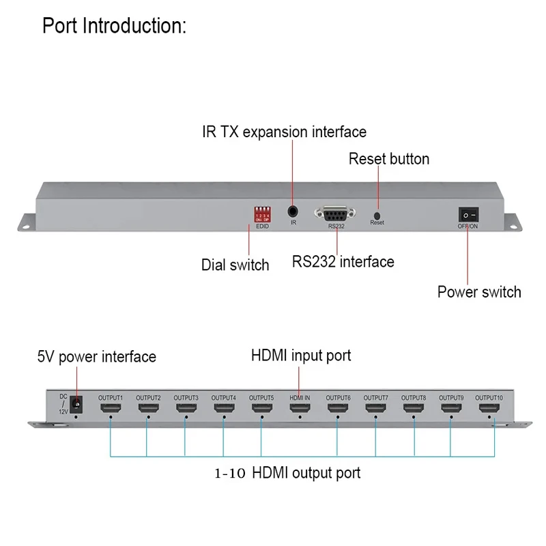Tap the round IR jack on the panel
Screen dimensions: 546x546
pyautogui.click(x=293, y=212)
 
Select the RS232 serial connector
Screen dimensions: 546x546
pyautogui.click(x=335, y=213)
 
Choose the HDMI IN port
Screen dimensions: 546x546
pyautogui.click(x=299, y=409)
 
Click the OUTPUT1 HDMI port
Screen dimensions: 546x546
pyautogui.click(x=110, y=409)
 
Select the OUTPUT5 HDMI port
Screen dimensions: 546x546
pyautogui.click(x=261, y=409)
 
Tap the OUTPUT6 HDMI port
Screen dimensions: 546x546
pyautogui.click(x=337, y=409)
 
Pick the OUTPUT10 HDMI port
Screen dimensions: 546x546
pyautogui.click(x=488, y=409)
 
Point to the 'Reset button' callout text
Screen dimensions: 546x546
pyautogui.click(x=389, y=159)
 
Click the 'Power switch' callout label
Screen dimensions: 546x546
pyautogui.click(x=479, y=292)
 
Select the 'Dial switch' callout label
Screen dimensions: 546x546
pyautogui.click(x=235, y=265)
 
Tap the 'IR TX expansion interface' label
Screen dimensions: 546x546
pyautogui.click(x=284, y=132)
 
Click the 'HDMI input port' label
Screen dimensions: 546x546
pyautogui.click(x=301, y=356)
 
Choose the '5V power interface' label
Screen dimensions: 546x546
pyautogui.click(x=96, y=356)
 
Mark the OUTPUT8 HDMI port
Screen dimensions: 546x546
pyautogui.click(x=413, y=409)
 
